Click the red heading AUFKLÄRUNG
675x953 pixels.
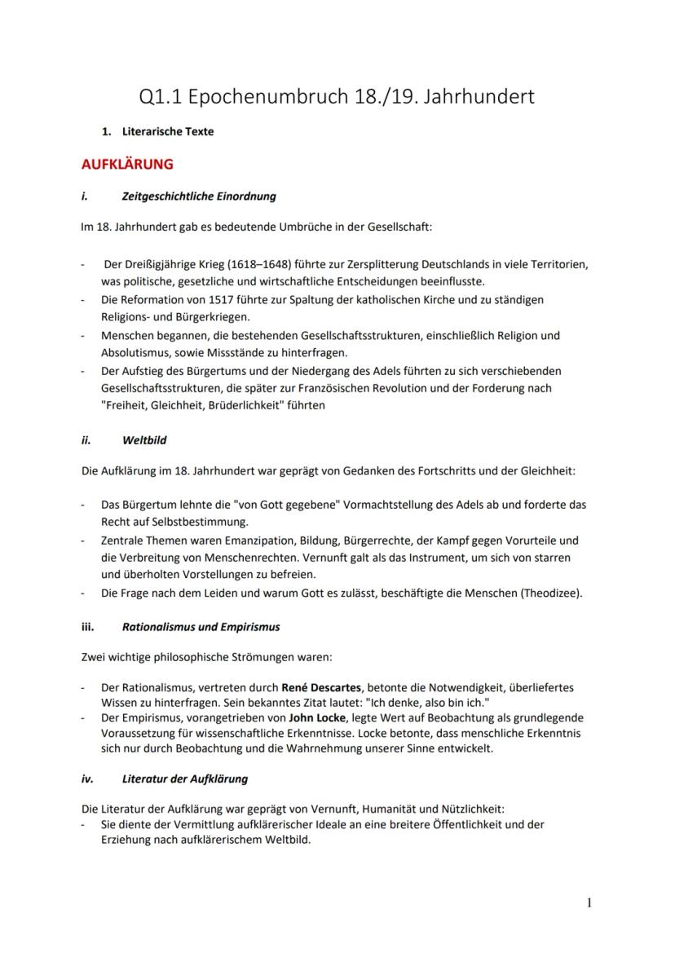126,164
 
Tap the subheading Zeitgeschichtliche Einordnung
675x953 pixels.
198,196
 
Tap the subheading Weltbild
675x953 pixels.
144,440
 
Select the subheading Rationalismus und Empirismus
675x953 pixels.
201,627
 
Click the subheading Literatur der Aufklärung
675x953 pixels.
184,779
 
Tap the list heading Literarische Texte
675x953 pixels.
167,131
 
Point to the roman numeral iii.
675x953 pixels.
87,627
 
